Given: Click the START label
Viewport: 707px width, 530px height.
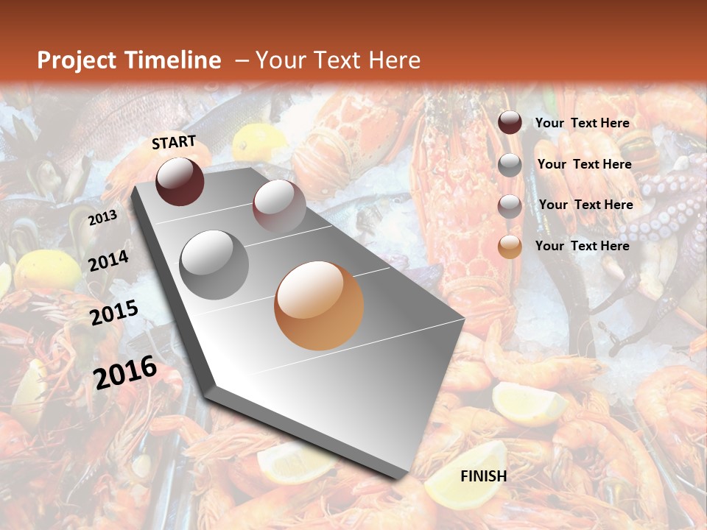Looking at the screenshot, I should (174, 142).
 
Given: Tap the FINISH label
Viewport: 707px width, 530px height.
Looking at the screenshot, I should (483, 476).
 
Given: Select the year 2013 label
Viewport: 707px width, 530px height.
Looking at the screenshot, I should (102, 218).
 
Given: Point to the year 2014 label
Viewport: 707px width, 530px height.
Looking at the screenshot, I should (108, 261).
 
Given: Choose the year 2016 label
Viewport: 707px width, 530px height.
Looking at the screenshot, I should (125, 372).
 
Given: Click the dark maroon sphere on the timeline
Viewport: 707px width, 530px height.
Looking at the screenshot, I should (180, 181).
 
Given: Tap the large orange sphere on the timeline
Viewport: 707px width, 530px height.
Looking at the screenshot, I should (319, 305).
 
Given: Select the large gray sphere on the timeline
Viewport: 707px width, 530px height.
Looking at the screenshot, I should (214, 265).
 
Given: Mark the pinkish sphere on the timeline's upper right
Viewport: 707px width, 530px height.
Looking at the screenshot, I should (279, 205).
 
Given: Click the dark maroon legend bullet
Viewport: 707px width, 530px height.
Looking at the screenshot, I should (510, 122).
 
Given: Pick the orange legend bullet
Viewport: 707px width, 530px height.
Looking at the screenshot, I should (510, 247).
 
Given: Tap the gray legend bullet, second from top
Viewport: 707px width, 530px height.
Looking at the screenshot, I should (510, 165).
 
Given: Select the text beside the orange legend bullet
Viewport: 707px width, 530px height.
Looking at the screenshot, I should (582, 246).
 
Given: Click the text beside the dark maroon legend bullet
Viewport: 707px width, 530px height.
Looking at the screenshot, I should (582, 123).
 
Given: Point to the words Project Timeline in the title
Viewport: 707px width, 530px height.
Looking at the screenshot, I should (129, 60).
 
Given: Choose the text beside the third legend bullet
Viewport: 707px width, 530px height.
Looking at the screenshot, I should (585, 205).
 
